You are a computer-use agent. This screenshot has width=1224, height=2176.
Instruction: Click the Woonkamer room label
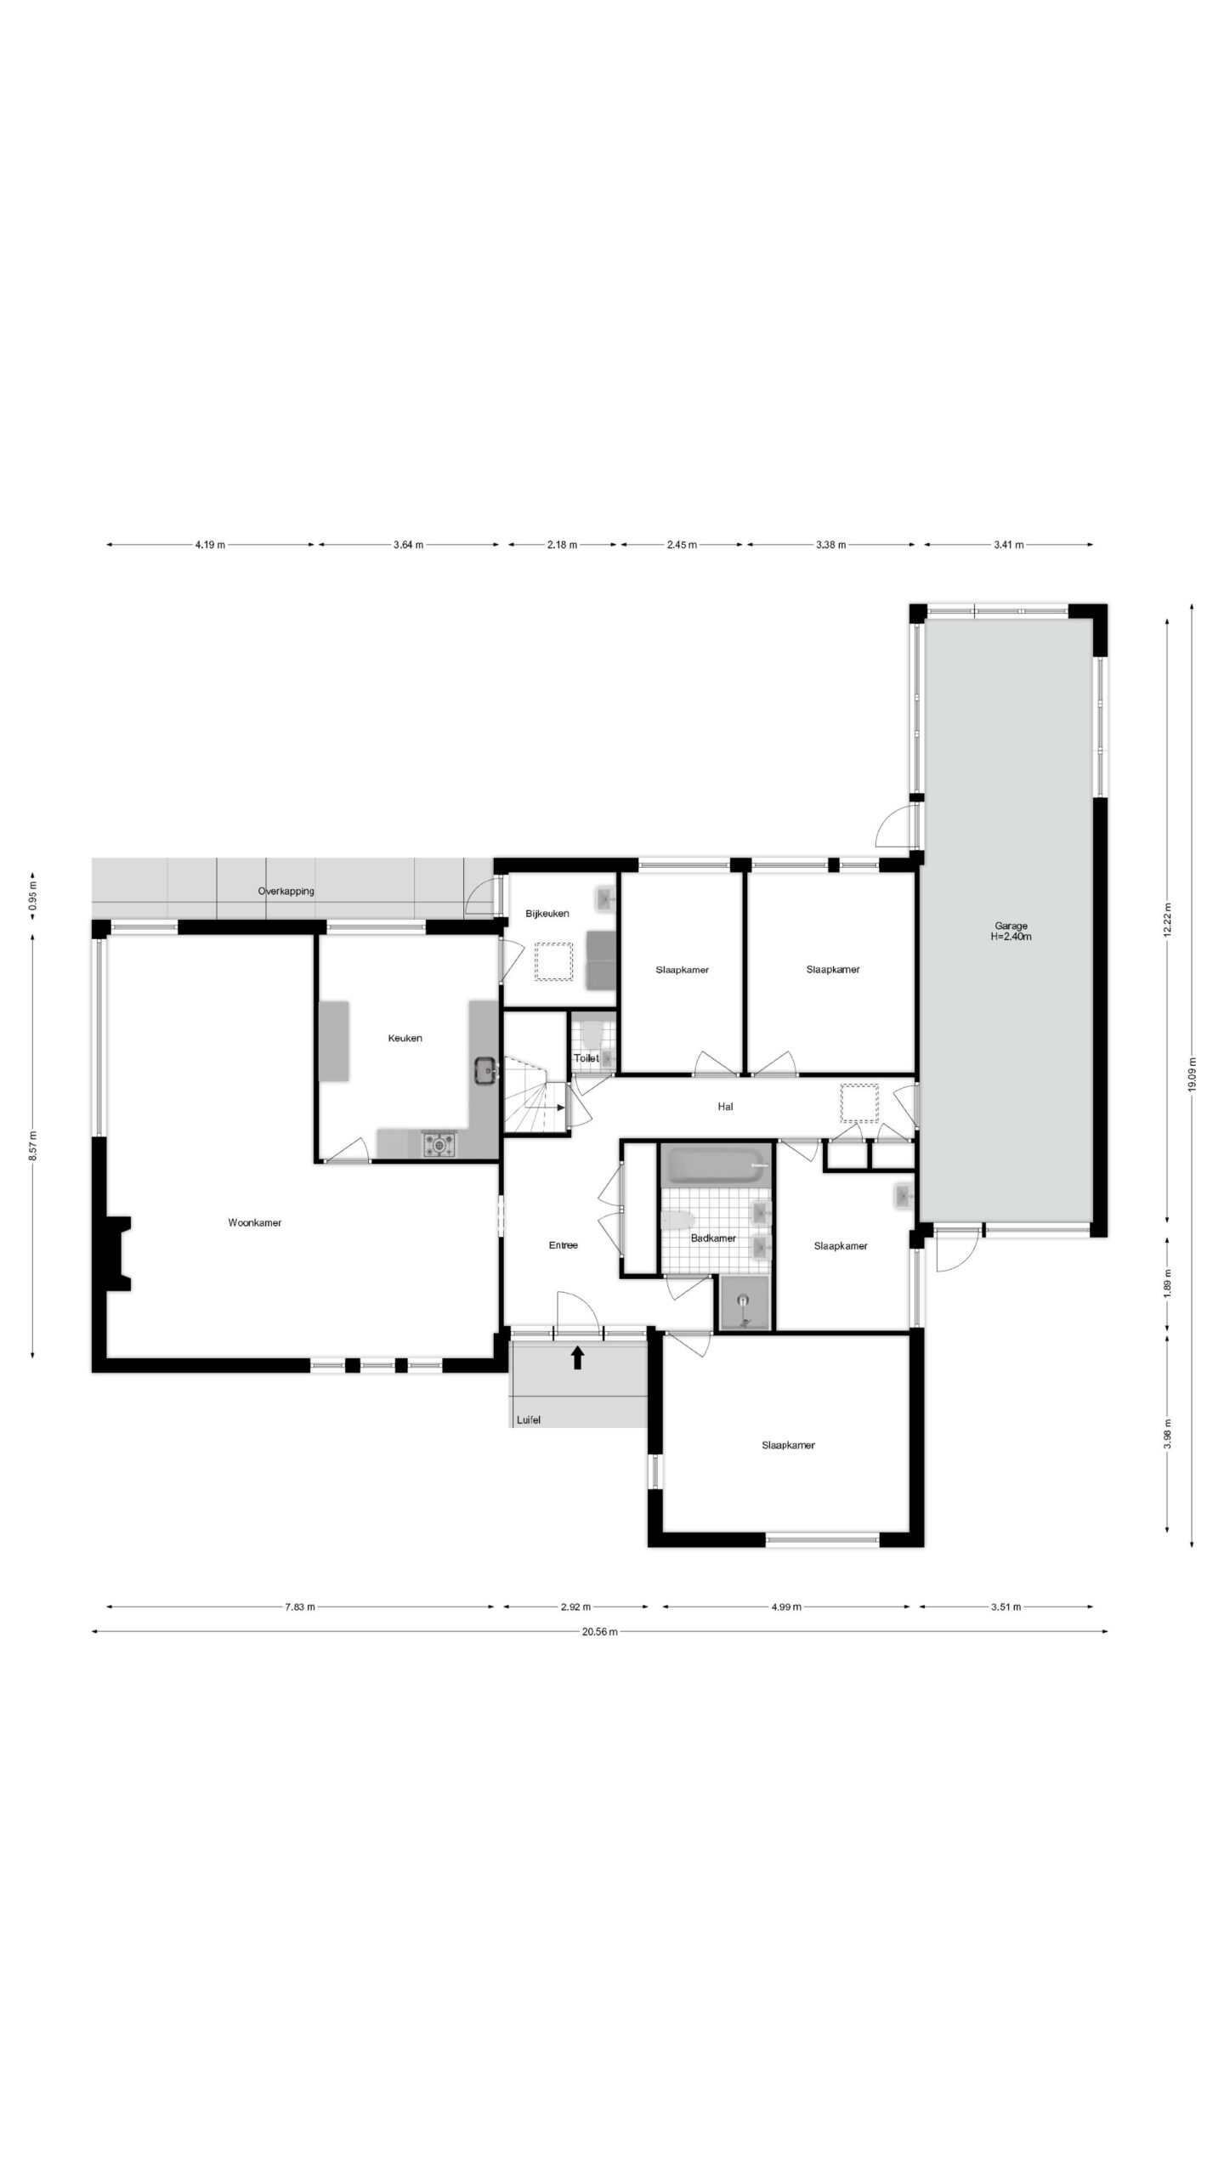point(254,1222)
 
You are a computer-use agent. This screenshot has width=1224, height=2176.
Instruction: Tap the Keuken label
point(405,1038)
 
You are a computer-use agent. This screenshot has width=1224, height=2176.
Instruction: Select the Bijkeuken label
point(547,914)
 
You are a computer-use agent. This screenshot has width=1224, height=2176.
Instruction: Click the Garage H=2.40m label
point(1011,932)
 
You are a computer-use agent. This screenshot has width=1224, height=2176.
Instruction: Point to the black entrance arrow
point(577,1357)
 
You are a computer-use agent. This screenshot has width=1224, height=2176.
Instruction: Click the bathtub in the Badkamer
point(715,1164)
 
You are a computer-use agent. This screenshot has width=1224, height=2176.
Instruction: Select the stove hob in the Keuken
point(439,1144)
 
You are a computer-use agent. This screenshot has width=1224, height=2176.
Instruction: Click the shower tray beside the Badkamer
point(744,1302)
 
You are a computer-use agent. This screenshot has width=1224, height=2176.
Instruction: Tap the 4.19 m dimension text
point(210,545)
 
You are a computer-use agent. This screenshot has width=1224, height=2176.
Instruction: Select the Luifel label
point(528,1419)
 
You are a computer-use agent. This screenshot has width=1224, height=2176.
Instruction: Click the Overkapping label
point(286,892)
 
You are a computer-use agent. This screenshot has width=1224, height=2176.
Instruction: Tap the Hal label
point(725,1107)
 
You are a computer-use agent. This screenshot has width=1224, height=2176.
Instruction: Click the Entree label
point(563,1245)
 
